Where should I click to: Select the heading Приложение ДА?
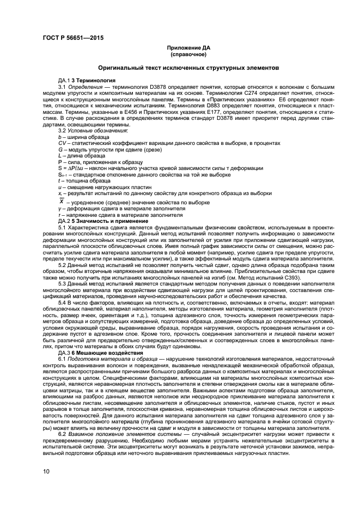pyautogui.click(x=188, y=48)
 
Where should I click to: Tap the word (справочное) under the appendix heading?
pyautogui.click(x=188, y=54)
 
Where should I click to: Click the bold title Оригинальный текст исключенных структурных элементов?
pyautogui.click(x=188, y=68)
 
